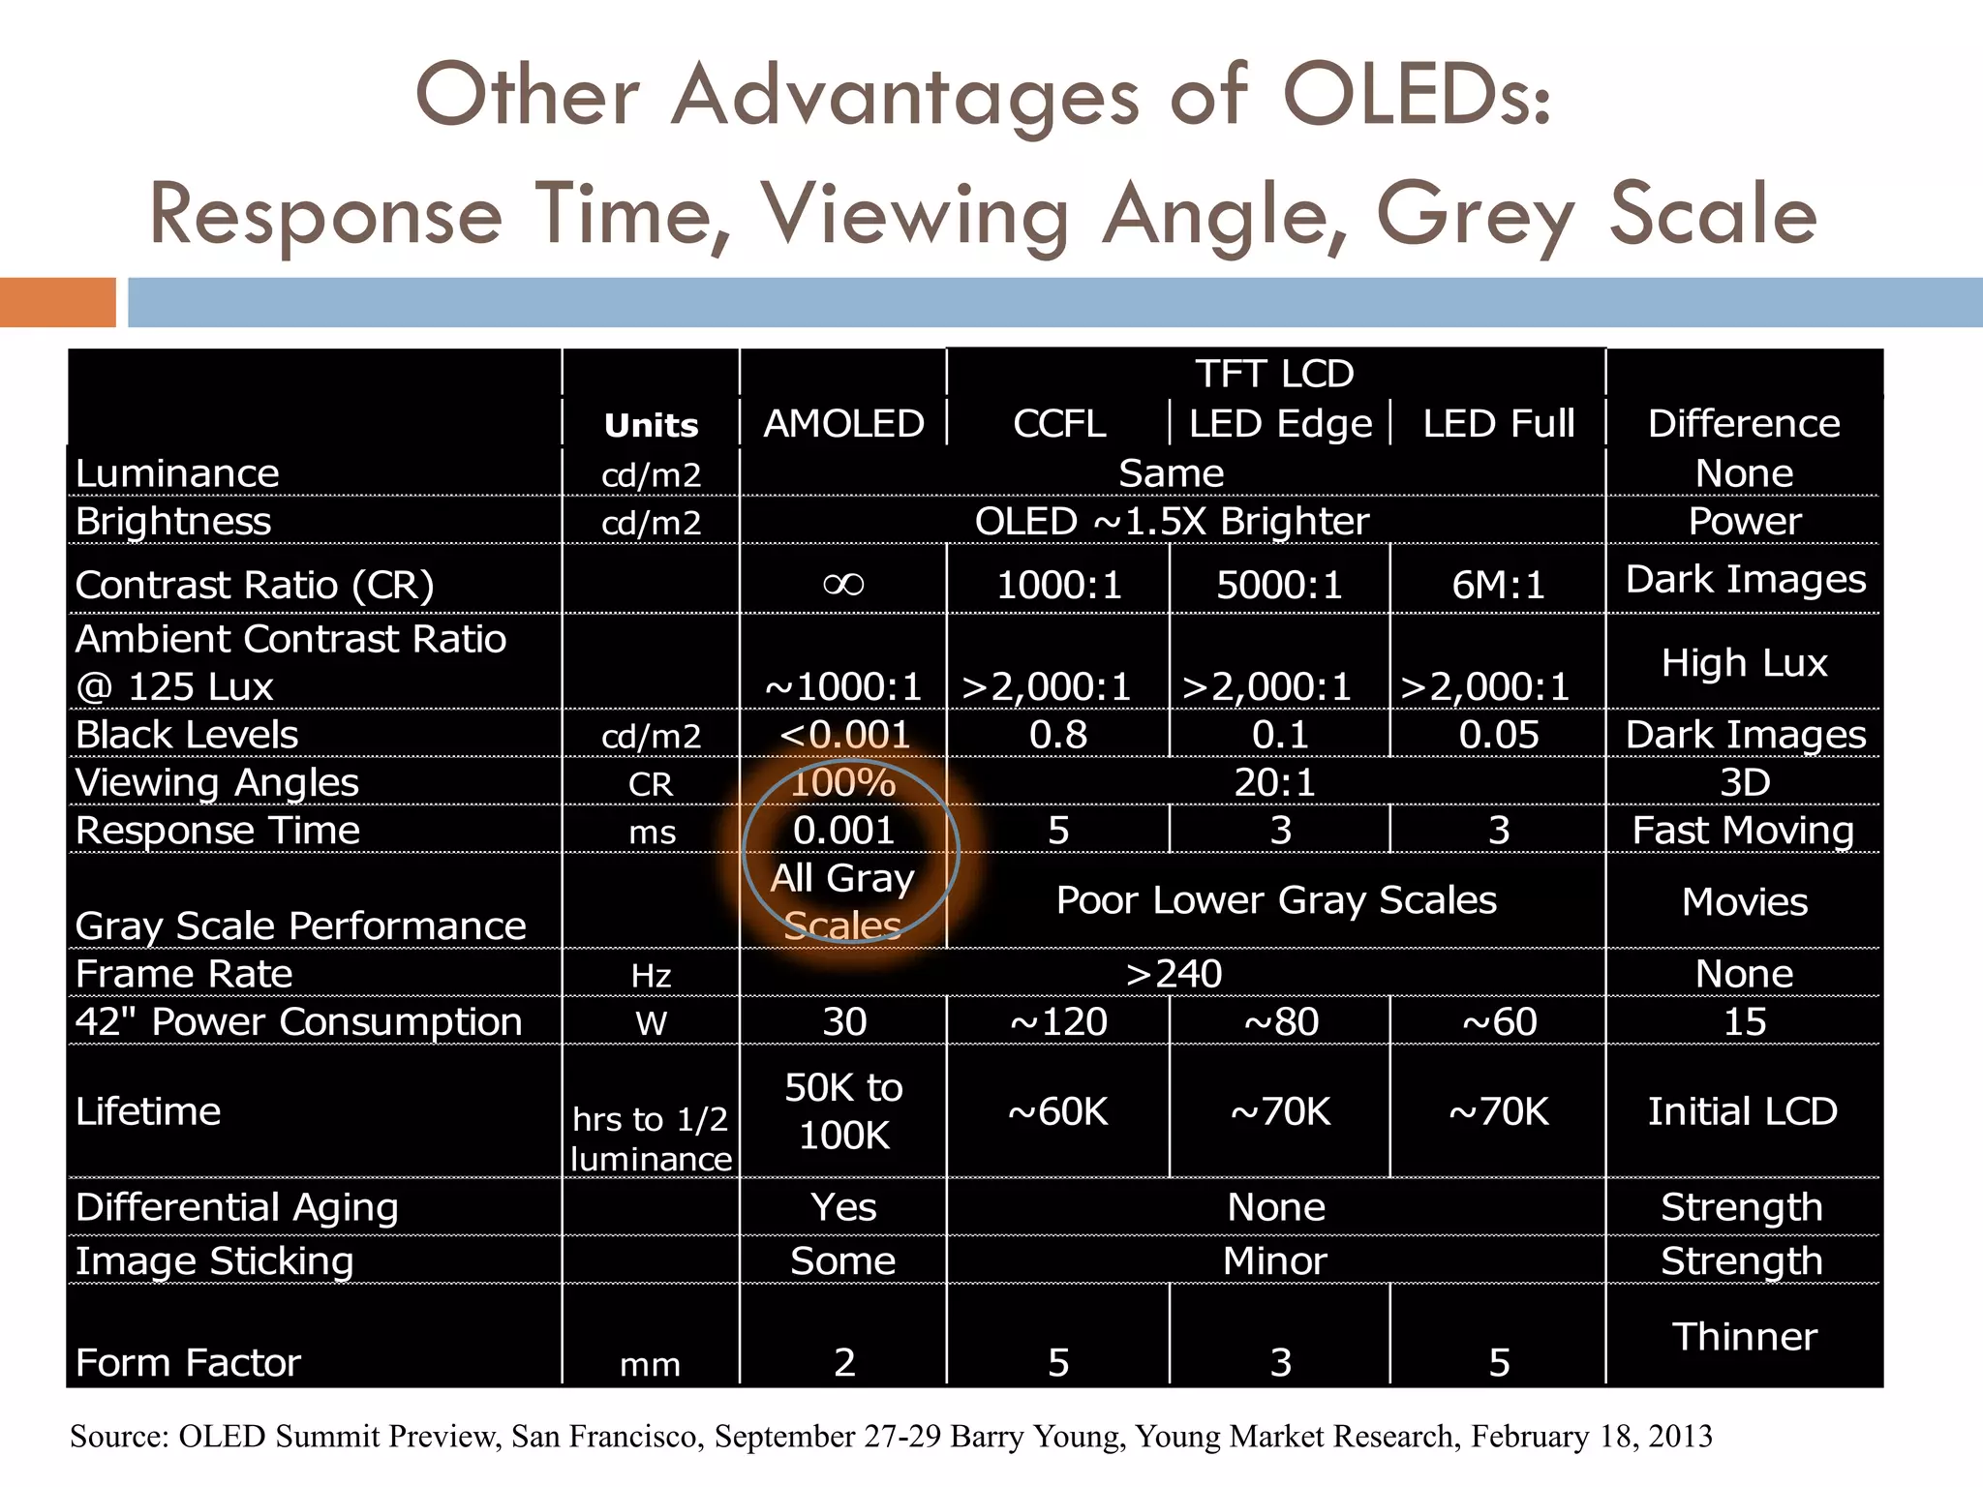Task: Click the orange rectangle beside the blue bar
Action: tap(57, 302)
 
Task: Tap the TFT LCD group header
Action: tap(1274, 374)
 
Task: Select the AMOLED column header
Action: tap(843, 424)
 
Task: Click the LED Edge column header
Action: tap(1280, 424)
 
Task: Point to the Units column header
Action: tap(651, 426)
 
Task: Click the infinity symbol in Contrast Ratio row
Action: tap(843, 584)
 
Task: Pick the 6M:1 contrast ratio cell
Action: tap(1498, 585)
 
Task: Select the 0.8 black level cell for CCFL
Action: tap(1058, 735)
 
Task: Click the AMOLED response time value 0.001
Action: tap(843, 831)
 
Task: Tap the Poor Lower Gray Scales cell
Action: tap(1276, 900)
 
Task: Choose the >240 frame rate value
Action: tap(1174, 974)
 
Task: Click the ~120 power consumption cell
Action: tap(1058, 1022)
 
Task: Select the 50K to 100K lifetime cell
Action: tap(843, 1111)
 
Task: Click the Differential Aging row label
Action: tap(237, 1207)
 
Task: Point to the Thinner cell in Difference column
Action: tap(1744, 1336)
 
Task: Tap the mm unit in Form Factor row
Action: tap(651, 1365)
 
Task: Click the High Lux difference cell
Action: tap(1744, 663)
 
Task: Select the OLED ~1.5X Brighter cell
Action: tap(1172, 522)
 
